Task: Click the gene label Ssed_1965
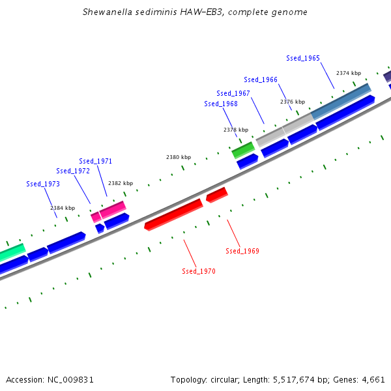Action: (303, 58)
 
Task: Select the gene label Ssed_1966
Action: (261, 80)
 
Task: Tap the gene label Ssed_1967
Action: (233, 93)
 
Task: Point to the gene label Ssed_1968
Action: (221, 104)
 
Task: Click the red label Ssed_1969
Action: (242, 251)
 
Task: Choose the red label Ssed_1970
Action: (199, 271)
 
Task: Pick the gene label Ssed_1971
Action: (95, 161)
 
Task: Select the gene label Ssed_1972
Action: (73, 171)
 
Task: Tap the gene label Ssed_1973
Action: (43, 184)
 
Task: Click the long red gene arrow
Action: (174, 214)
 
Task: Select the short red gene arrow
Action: (216, 194)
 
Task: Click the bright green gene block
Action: (243, 150)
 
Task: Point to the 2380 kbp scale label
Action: (179, 157)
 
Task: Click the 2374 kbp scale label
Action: (349, 73)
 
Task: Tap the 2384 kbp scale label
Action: (63, 208)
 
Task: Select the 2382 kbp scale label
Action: (121, 183)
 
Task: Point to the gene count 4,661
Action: (373, 379)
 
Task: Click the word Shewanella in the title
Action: (107, 12)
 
